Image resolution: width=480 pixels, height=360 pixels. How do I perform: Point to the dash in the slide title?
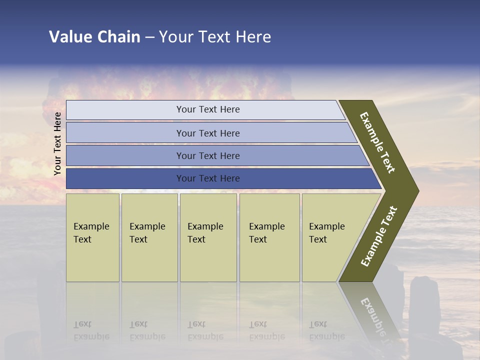pyautogui.click(x=149, y=37)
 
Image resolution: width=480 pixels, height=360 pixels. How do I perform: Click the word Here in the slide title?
pyautogui.click(x=253, y=37)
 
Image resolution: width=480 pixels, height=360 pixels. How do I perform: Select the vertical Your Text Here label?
pyautogui.click(x=57, y=143)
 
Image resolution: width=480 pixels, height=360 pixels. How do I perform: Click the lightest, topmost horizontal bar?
pyautogui.click(x=208, y=109)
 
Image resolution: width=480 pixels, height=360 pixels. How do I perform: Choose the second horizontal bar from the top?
pyautogui.click(x=208, y=133)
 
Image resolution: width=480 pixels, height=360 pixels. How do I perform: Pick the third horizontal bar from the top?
pyautogui.click(x=208, y=155)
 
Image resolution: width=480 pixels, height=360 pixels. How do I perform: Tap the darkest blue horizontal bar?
pyautogui.click(x=208, y=178)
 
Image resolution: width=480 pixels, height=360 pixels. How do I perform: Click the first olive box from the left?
pyautogui.click(x=92, y=237)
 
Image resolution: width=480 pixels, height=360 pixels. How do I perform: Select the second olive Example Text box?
pyautogui.click(x=149, y=237)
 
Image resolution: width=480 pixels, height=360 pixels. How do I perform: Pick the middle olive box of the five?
pyautogui.click(x=208, y=237)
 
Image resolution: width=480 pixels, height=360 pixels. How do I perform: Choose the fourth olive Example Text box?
pyautogui.click(x=269, y=237)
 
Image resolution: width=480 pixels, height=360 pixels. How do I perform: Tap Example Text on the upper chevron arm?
pyautogui.click(x=377, y=142)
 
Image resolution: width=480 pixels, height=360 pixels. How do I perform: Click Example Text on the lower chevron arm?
pyautogui.click(x=379, y=236)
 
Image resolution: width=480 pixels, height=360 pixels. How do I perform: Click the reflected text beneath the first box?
pyautogui.click(x=91, y=330)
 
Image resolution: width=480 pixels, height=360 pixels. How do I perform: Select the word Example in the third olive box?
pyautogui.click(x=205, y=226)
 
